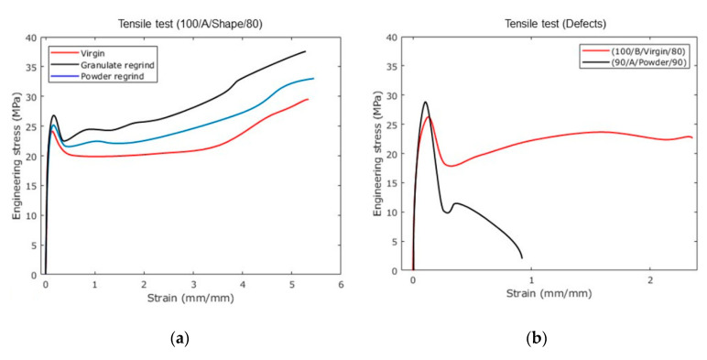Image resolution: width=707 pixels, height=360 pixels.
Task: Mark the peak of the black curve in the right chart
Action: [425, 102]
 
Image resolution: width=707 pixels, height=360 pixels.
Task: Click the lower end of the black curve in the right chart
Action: [522, 258]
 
